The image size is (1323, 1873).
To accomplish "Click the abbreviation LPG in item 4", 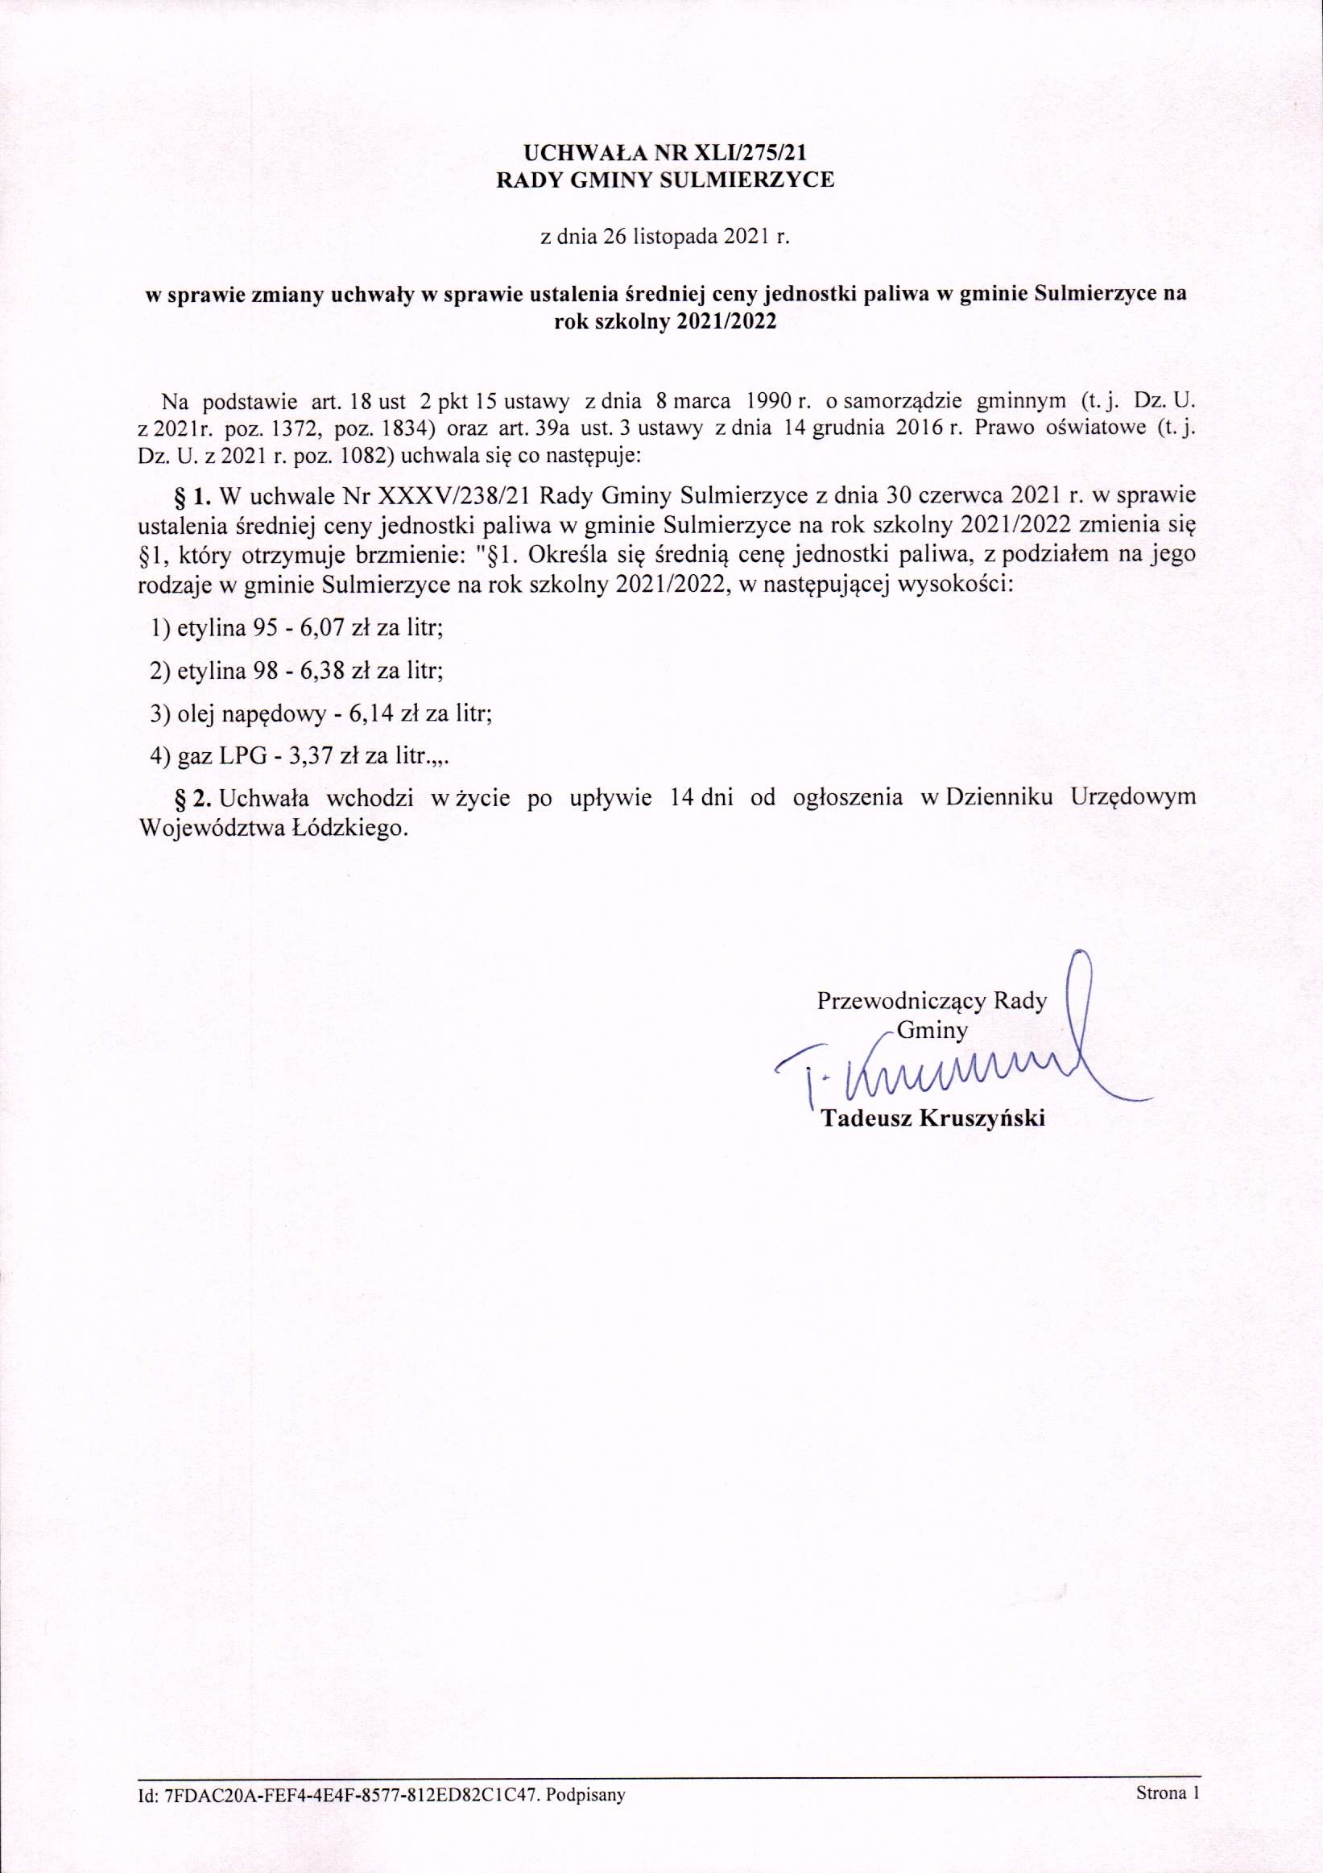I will coord(243,756).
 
